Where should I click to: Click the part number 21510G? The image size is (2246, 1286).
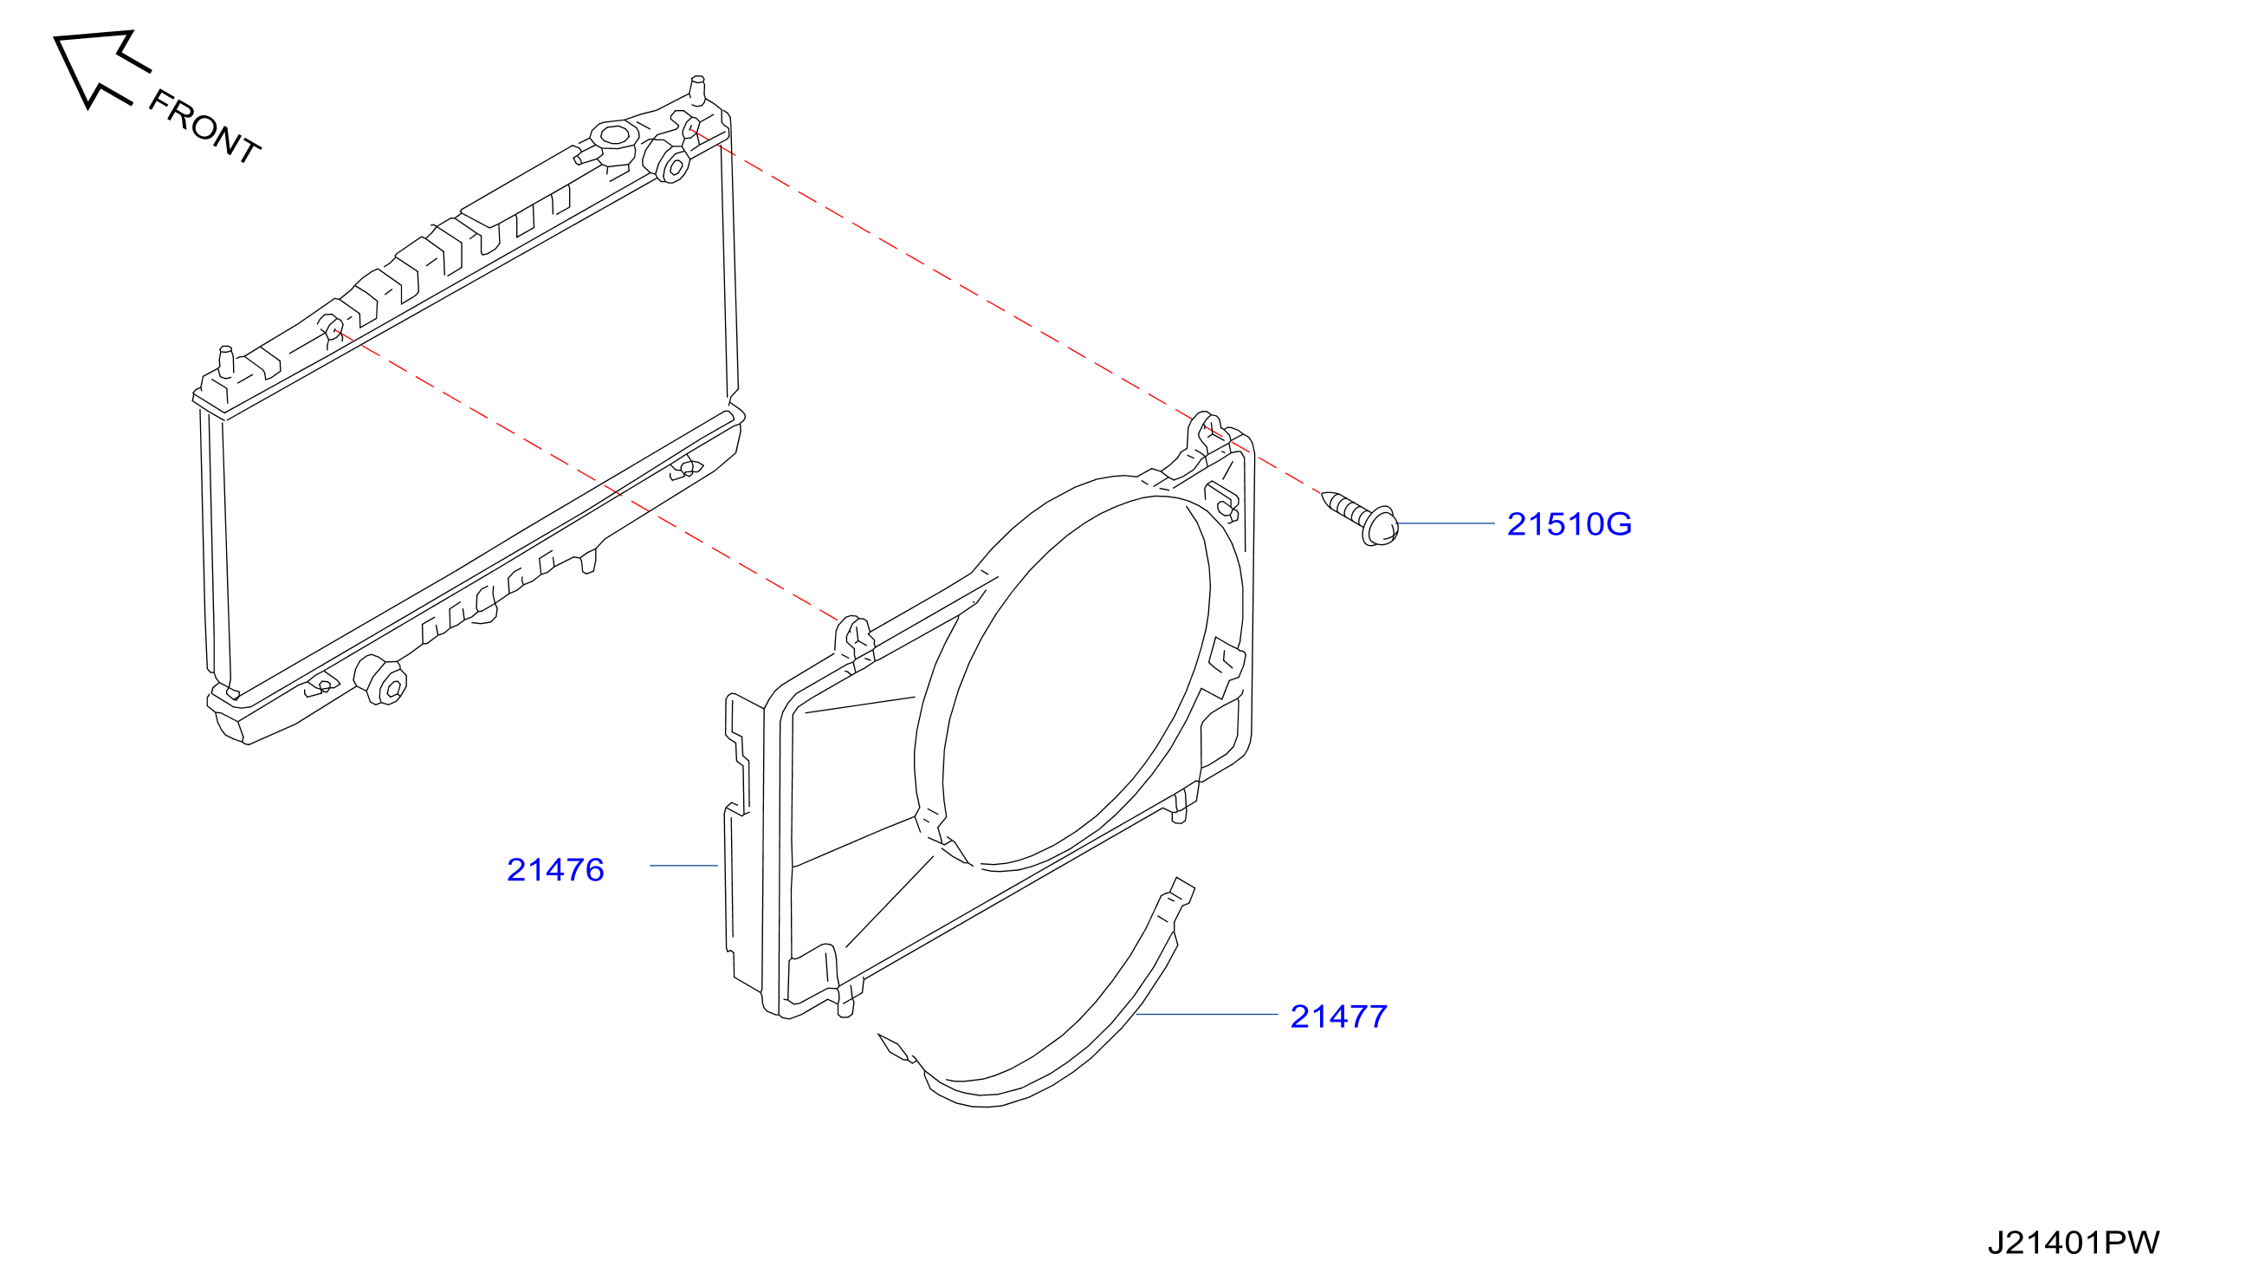tap(1569, 524)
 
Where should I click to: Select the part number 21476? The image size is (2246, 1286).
tap(555, 870)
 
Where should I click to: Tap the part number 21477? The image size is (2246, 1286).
tap(1338, 1016)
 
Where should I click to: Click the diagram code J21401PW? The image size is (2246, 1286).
tap(2074, 1243)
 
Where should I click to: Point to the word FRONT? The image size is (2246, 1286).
tap(204, 127)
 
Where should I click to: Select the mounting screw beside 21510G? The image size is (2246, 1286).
tap(1361, 517)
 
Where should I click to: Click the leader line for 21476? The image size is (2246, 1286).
tap(683, 866)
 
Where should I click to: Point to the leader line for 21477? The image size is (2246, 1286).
tap(1206, 1015)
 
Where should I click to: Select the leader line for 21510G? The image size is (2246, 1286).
tap(1447, 523)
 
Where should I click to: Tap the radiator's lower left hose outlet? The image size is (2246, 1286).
tap(381, 681)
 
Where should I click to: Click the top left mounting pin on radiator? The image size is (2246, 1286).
tap(226, 362)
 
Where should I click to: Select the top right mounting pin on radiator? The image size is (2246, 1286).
tap(697, 89)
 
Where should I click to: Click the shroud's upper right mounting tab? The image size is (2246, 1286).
tap(1207, 432)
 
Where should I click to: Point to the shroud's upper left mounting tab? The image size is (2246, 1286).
tap(854, 638)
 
